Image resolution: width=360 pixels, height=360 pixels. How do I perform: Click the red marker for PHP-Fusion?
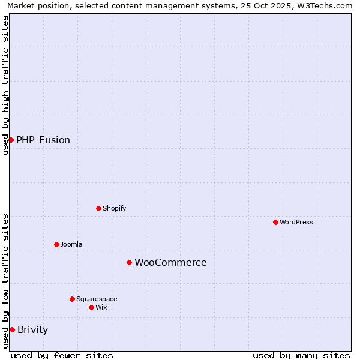point(11,140)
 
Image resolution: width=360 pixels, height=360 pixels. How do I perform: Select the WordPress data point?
point(275,222)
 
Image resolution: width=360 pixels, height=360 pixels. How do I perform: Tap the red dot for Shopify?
point(98,208)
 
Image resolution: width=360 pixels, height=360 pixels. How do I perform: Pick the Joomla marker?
point(56,244)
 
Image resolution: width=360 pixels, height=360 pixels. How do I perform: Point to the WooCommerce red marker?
point(129,262)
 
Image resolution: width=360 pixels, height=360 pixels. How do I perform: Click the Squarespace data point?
point(72,299)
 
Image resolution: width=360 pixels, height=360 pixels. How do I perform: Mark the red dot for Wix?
point(91,307)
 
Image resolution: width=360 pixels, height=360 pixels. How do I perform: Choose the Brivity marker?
point(12,329)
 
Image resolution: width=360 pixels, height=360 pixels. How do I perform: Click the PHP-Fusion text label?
point(43,140)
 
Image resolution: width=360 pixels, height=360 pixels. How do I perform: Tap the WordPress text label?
point(296,222)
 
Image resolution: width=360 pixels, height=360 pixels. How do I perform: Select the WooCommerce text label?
point(170,262)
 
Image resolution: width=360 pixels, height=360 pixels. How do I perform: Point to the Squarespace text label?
point(97,299)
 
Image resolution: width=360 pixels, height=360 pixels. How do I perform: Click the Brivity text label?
point(33,329)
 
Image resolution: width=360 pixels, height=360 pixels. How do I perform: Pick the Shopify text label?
point(114,208)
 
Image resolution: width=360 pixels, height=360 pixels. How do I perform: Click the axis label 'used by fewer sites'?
point(62,355)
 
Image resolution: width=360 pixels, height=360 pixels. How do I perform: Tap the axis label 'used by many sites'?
point(301,355)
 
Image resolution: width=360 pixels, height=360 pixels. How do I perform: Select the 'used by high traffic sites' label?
point(5,85)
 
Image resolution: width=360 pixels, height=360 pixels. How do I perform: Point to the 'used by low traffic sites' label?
point(5,280)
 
